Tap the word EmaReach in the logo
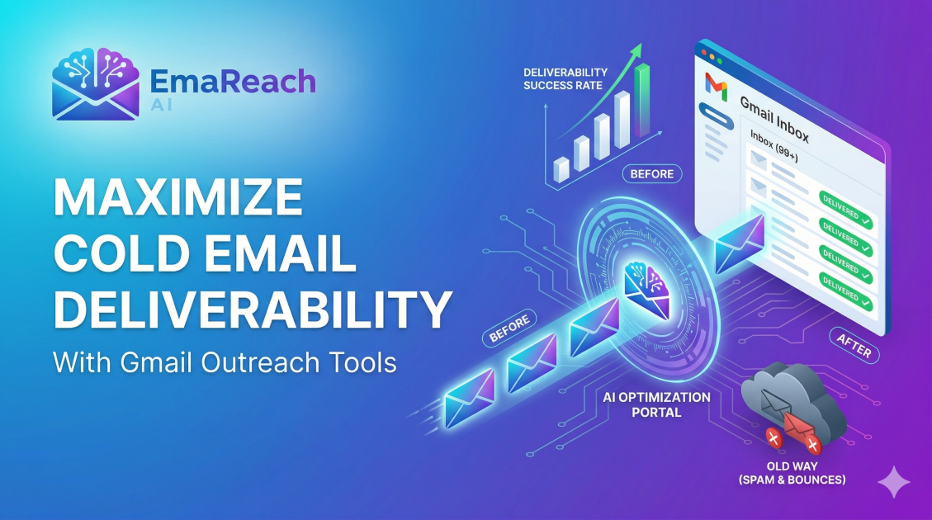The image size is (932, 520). click(233, 81)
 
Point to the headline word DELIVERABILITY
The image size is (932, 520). click(251, 310)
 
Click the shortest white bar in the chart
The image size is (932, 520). click(561, 169)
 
